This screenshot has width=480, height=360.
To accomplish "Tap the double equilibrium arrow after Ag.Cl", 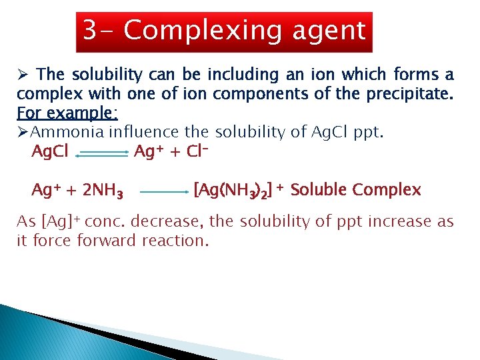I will (101, 153).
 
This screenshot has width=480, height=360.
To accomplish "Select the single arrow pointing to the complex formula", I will (165, 191).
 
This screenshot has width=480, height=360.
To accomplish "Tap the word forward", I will (107, 241).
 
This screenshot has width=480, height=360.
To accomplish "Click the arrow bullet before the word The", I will (22, 75).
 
